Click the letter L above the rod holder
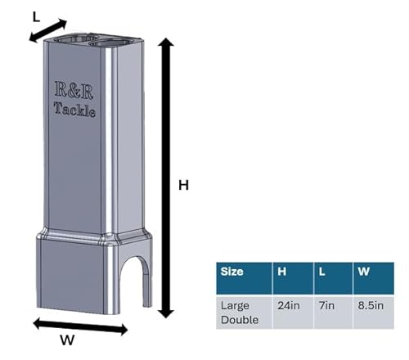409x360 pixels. tap(36, 17)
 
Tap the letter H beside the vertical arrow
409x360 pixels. tap(183, 185)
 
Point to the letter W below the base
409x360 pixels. tap(67, 340)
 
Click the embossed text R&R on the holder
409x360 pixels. tap(74, 90)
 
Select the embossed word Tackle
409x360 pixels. tap(74, 110)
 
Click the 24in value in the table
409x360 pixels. tap(289, 305)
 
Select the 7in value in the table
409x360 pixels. tap(326, 305)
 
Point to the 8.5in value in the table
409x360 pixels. tap(371, 305)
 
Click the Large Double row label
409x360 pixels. tap(240, 313)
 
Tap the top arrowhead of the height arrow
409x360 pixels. tap(166, 43)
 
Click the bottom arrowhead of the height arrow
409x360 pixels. tap(166, 313)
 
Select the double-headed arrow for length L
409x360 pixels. tap(48, 30)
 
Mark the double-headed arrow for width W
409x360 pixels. tap(80, 326)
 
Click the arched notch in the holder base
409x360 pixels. tap(134, 281)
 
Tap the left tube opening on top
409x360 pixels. tap(75, 38)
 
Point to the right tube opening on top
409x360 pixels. tap(112, 42)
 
